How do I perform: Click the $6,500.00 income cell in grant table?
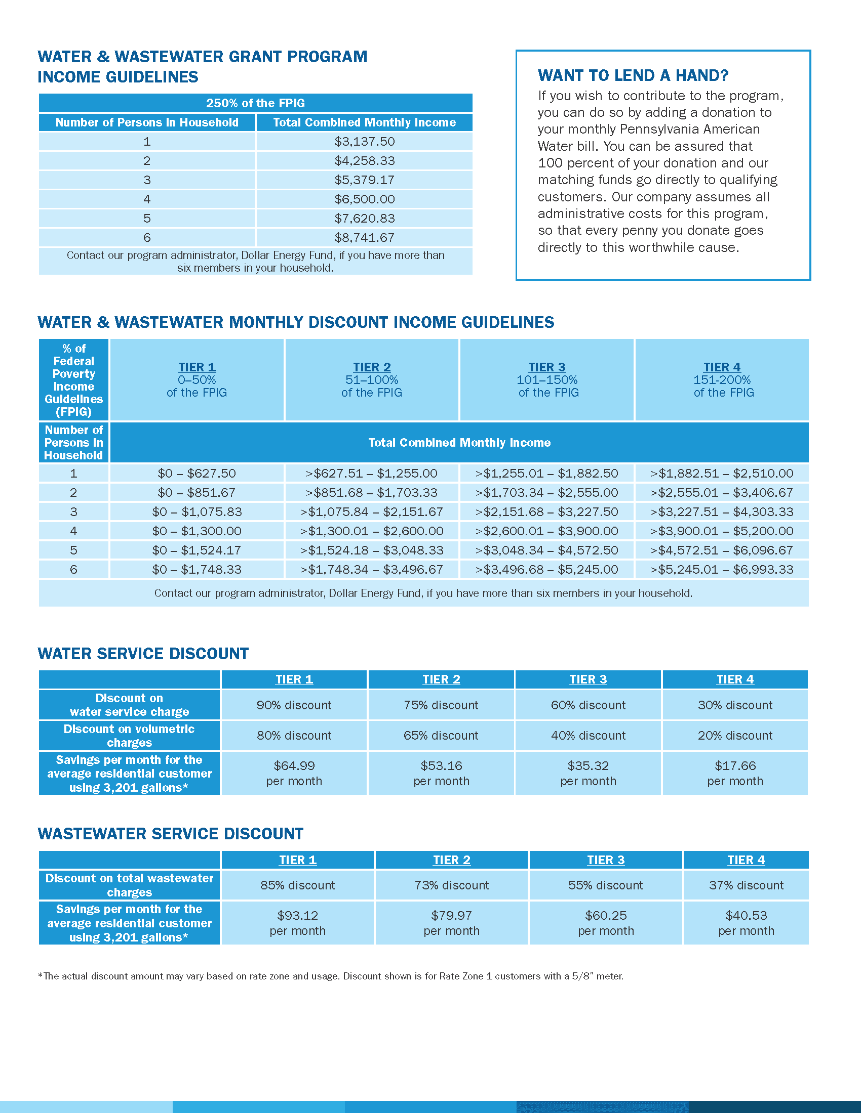coord(364,199)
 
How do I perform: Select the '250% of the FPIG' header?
coord(255,103)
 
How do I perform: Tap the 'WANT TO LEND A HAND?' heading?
coord(633,75)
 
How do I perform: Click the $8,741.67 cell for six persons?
coord(364,237)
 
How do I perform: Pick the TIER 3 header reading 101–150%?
coord(547,379)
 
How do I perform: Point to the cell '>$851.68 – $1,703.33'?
coord(371,493)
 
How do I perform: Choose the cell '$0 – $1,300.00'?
coord(197,531)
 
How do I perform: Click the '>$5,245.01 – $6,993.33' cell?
coord(721,569)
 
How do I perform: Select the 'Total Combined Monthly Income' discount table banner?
coord(459,442)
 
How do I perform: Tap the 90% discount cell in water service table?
coord(294,705)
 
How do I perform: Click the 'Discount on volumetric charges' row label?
coord(129,736)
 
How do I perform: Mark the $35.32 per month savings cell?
coord(588,773)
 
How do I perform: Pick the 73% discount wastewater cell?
coord(451,885)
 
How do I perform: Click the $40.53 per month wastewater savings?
coord(746,923)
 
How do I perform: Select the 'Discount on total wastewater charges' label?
coord(129,885)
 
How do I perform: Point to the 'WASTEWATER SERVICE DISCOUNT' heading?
coord(170,834)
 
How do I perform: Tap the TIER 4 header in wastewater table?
coord(746,860)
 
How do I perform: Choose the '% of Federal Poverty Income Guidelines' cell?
coord(73,379)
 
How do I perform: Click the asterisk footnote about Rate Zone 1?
coord(331,976)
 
